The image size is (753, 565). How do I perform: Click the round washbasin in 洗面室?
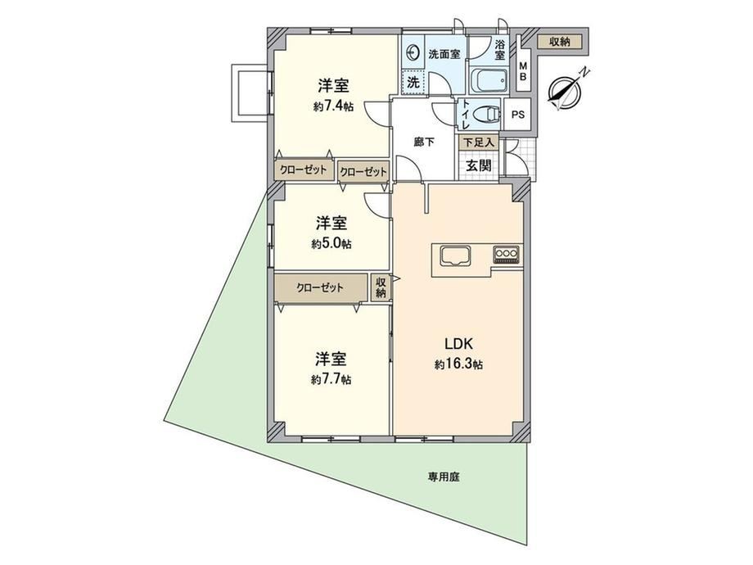point(413,52)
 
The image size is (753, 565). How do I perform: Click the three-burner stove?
point(506,254)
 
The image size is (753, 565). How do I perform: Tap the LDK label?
point(459,344)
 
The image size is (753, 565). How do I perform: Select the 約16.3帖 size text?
point(458,365)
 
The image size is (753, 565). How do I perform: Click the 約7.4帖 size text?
point(333,106)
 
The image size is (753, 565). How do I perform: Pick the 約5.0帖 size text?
point(331,244)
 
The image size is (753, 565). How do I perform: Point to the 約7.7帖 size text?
point(331,380)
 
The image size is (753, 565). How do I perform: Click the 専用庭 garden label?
point(444,477)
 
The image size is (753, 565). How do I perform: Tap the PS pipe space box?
point(517,115)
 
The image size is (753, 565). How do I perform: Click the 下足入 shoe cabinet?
point(478,142)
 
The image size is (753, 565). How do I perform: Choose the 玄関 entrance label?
point(479,165)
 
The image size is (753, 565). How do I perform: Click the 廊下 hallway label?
point(424,142)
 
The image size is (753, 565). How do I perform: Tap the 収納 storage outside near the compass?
point(560,42)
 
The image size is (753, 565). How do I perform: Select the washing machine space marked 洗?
point(413,82)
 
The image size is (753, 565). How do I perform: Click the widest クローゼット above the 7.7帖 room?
point(320,287)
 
